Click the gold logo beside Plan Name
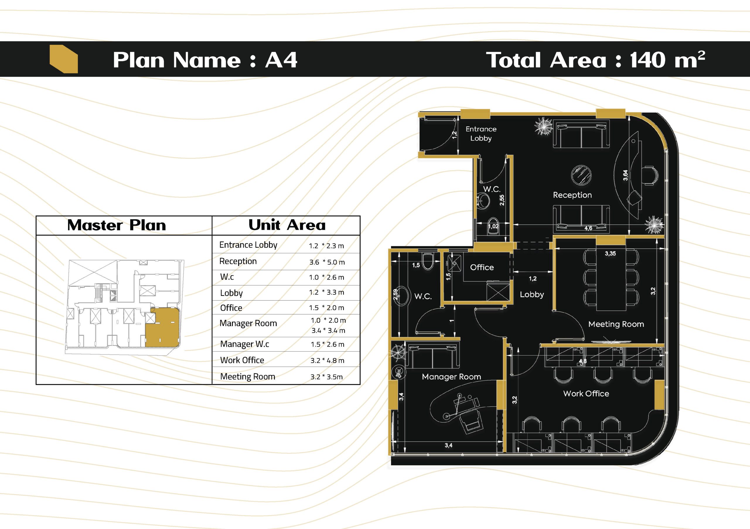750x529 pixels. click(x=64, y=59)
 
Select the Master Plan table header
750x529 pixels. click(x=117, y=225)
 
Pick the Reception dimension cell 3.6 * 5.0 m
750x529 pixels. click(x=327, y=262)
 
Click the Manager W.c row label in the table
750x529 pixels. click(x=244, y=344)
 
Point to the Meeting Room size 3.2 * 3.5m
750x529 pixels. click(x=327, y=377)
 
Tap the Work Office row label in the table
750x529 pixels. click(x=242, y=360)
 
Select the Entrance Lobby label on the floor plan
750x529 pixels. click(x=481, y=134)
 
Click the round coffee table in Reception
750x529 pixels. click(x=582, y=175)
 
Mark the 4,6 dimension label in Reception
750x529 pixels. click(x=588, y=228)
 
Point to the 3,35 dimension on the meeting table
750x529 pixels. click(x=610, y=254)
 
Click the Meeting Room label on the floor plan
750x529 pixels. click(x=616, y=324)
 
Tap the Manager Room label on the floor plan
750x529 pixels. click(x=451, y=377)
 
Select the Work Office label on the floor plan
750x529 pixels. click(x=586, y=394)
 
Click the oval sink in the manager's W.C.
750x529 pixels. click(x=402, y=296)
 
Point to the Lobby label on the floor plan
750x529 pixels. click(x=532, y=294)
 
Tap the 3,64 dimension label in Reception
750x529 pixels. click(x=625, y=175)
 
